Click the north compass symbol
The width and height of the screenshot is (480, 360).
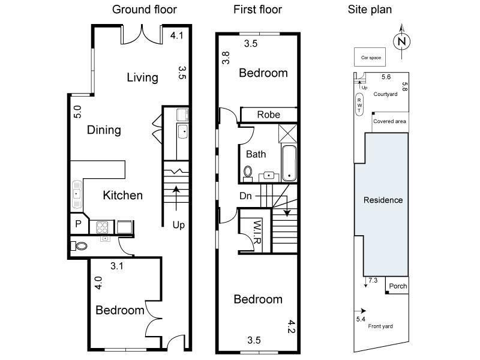[401, 40]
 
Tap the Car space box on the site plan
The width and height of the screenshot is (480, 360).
[370, 58]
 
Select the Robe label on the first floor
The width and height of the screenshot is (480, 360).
[268, 115]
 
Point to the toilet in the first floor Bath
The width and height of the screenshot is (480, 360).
[248, 172]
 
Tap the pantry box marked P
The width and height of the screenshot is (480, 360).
[78, 224]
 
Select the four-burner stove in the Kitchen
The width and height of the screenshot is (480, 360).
[101, 227]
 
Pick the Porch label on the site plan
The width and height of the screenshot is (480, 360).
[397, 286]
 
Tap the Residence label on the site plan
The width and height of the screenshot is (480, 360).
[383, 200]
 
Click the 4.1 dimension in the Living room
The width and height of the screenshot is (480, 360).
[176, 36]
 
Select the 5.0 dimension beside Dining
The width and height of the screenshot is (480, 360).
[77, 112]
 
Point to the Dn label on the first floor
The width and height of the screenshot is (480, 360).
[246, 196]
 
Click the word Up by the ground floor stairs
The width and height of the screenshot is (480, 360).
[179, 225]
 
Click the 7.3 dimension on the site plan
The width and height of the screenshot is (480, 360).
[373, 280]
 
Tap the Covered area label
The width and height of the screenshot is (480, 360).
[389, 121]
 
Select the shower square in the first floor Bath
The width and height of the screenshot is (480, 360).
[289, 133]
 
